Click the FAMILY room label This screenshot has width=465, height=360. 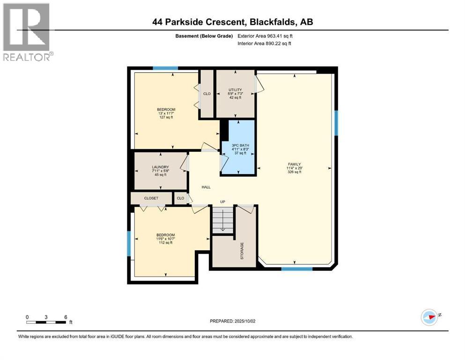click(294, 164)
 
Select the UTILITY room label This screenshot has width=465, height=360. click(235, 90)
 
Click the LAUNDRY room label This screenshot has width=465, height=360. click(160, 167)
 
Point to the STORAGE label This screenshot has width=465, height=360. click(242, 251)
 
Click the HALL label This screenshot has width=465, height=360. click(206, 187)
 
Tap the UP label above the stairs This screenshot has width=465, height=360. click(223, 202)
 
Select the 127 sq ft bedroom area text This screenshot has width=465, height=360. click(166, 117)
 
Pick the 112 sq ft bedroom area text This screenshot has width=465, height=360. click(166, 243)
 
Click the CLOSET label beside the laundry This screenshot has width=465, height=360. click(151, 198)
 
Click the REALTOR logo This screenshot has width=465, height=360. click(27, 32)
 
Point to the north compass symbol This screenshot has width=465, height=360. click(429, 317)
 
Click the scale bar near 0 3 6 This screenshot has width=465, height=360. click(46, 322)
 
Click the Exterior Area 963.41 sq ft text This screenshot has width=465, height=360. click(266, 36)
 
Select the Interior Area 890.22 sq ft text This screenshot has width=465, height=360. click(265, 44)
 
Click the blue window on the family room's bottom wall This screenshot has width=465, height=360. click(296, 269)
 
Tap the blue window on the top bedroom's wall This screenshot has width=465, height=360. click(165, 68)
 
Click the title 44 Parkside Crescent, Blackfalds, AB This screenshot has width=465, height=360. click(232, 22)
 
